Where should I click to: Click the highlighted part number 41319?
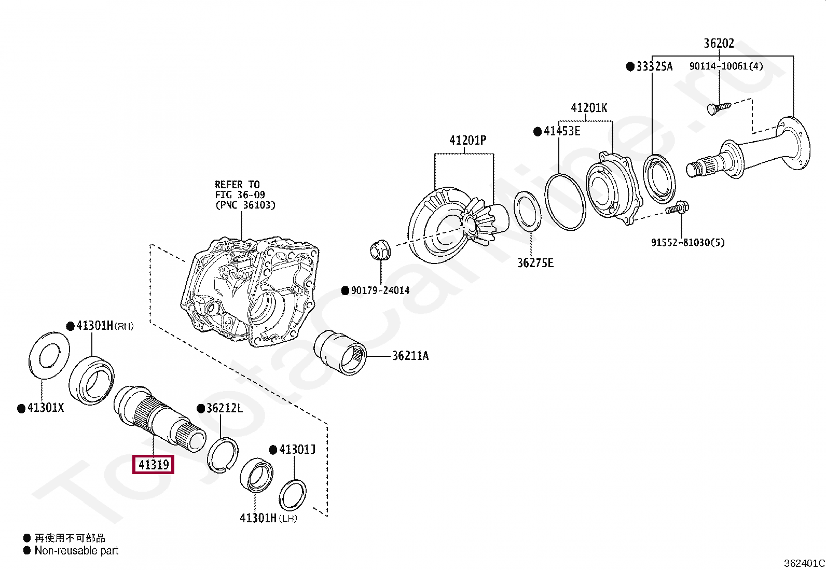(x=153, y=464)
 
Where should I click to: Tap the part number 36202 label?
(x=719, y=44)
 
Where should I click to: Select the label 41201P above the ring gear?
(x=467, y=140)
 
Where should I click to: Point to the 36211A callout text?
(x=410, y=356)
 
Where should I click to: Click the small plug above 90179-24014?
(x=380, y=249)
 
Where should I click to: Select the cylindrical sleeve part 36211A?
(x=340, y=353)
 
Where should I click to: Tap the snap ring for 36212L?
(x=223, y=456)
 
